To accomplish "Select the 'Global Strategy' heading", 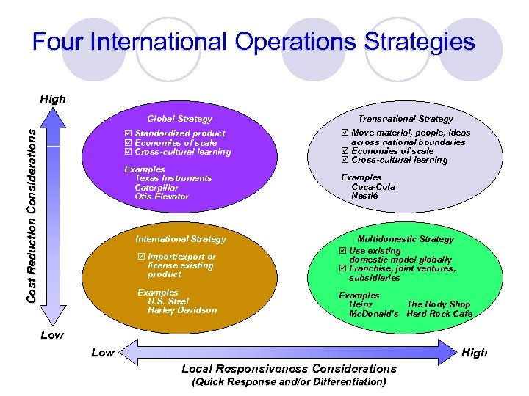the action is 179,119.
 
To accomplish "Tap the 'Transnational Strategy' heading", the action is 406,118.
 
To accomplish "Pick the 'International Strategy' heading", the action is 181,239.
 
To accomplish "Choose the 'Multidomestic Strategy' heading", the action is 406,239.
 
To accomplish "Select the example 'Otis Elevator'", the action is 162,197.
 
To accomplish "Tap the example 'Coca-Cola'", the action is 373,187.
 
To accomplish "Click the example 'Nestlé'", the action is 364,196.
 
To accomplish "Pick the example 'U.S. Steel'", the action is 168,301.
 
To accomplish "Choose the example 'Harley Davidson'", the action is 182,310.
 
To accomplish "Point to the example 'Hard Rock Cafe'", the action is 439,314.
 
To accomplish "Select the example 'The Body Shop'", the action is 439,304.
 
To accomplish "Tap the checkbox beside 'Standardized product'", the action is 128,133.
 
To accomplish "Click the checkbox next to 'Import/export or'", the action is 141,257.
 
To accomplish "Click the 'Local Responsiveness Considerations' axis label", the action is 289,368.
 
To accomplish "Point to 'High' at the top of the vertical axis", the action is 53,98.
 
